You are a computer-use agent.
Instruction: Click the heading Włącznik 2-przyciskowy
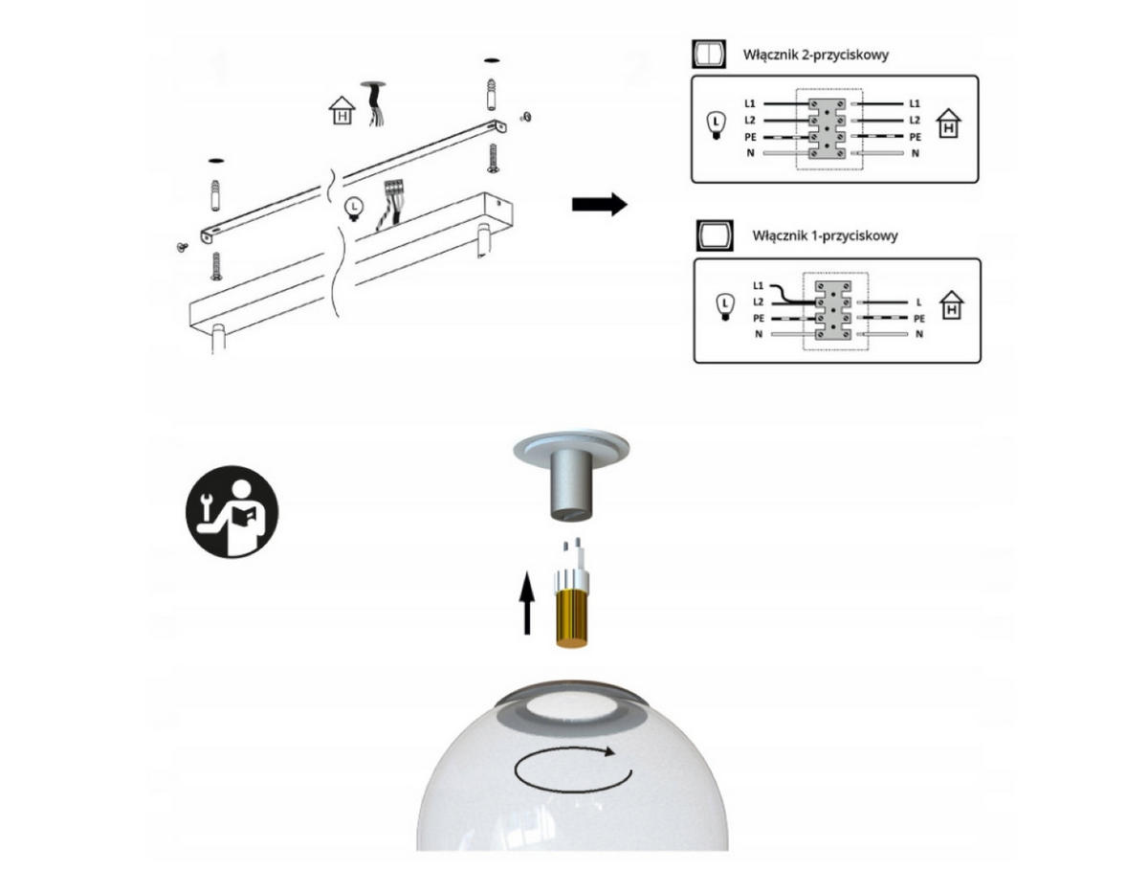(815, 55)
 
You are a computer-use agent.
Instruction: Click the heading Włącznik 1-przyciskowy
(825, 236)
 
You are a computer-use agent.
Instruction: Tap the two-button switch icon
(709, 54)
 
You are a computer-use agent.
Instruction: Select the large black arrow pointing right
(600, 204)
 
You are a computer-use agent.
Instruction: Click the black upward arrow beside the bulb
(527, 603)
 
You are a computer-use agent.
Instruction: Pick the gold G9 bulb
(572, 594)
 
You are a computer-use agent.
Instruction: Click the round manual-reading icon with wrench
(232, 512)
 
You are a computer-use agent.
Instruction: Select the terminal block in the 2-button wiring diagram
(827, 128)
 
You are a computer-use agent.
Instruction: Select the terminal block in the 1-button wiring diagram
(833, 310)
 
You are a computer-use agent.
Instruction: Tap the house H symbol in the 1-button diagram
(952, 305)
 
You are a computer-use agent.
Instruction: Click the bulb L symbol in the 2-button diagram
(716, 125)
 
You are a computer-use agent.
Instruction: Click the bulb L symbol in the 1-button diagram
(724, 307)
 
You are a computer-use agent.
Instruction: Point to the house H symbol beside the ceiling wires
(342, 110)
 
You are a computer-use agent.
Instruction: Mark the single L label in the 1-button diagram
(918, 302)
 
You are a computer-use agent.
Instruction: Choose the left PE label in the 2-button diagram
(750, 137)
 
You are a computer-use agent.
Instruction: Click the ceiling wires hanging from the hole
(375, 104)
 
